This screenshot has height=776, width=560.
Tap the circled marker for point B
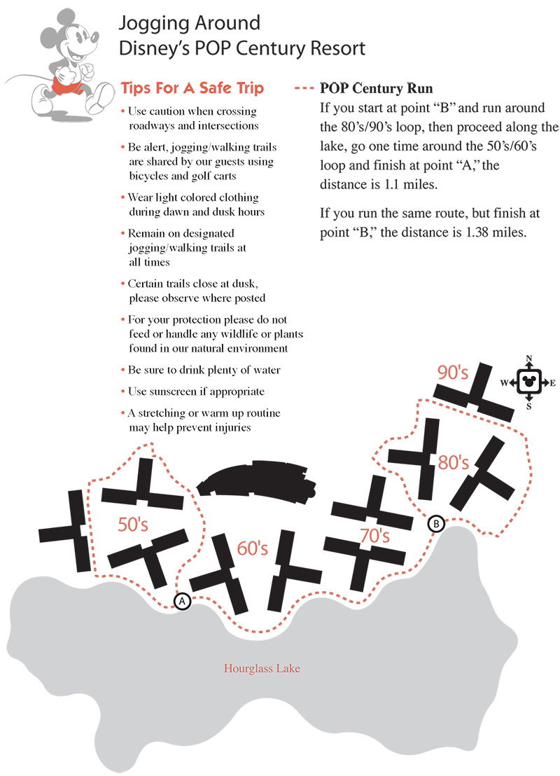[435, 523]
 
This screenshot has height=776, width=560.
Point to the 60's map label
[253, 548]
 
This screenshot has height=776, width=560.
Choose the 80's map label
[453, 462]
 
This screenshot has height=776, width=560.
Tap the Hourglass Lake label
[262, 668]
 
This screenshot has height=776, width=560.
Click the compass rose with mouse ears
[529, 382]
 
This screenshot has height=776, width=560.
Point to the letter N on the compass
[529, 359]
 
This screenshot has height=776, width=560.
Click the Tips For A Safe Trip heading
[192, 88]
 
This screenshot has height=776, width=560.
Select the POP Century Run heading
[376, 89]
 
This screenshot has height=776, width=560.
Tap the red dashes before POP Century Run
[304, 89]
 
